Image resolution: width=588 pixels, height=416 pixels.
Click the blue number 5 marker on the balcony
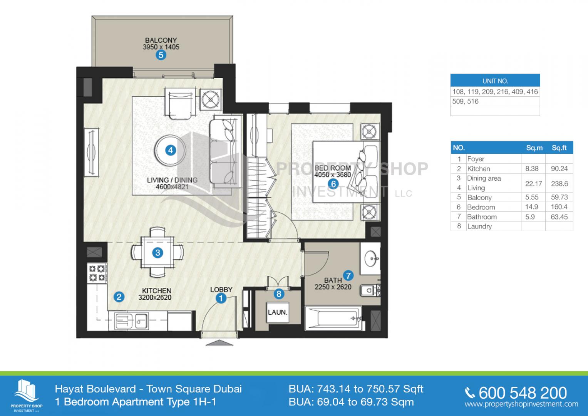[161, 55]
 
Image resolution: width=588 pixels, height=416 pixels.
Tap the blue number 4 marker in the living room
[171, 151]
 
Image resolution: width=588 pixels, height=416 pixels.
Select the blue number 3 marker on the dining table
[157, 253]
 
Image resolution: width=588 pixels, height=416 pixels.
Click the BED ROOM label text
[333, 168]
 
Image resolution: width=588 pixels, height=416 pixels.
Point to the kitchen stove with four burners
[97, 273]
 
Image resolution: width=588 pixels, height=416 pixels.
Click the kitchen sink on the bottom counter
[131, 321]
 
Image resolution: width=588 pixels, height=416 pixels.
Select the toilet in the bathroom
[370, 290]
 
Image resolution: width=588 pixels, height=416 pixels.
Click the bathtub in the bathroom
[333, 318]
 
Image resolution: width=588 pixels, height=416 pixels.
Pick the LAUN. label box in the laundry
[278, 312]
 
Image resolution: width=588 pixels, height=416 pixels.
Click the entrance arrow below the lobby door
[219, 342]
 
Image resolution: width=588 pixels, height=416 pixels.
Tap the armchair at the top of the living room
[180, 104]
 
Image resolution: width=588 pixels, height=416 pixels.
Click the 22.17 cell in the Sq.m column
[533, 183]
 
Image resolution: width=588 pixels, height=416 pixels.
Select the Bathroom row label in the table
[482, 217]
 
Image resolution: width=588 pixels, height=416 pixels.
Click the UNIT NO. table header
[495, 81]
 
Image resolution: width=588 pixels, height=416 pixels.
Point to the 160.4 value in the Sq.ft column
[559, 207]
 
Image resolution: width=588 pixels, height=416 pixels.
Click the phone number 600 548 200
[523, 393]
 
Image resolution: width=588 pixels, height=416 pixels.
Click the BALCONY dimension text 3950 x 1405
[161, 47]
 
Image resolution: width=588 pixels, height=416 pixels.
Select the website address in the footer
[521, 404]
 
